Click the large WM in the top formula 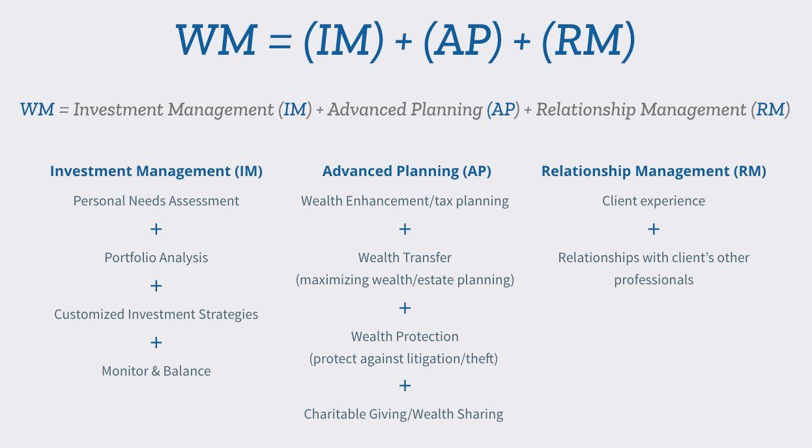point(216,40)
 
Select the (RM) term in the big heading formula point(587,40)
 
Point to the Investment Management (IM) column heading point(156,172)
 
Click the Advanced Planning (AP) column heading point(407,172)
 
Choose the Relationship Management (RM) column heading point(654,172)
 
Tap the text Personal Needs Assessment point(156,201)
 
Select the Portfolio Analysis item point(156,258)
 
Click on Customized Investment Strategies point(156,314)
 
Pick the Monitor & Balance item point(156,371)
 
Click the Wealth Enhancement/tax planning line point(405,201)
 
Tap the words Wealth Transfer point(405,258)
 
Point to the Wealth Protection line point(405,336)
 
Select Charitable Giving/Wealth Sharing point(403,414)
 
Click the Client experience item point(654,201)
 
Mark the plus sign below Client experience point(654,229)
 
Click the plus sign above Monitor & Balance point(156,342)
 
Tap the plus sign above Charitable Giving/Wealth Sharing point(405,385)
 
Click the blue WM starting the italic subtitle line point(37,110)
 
